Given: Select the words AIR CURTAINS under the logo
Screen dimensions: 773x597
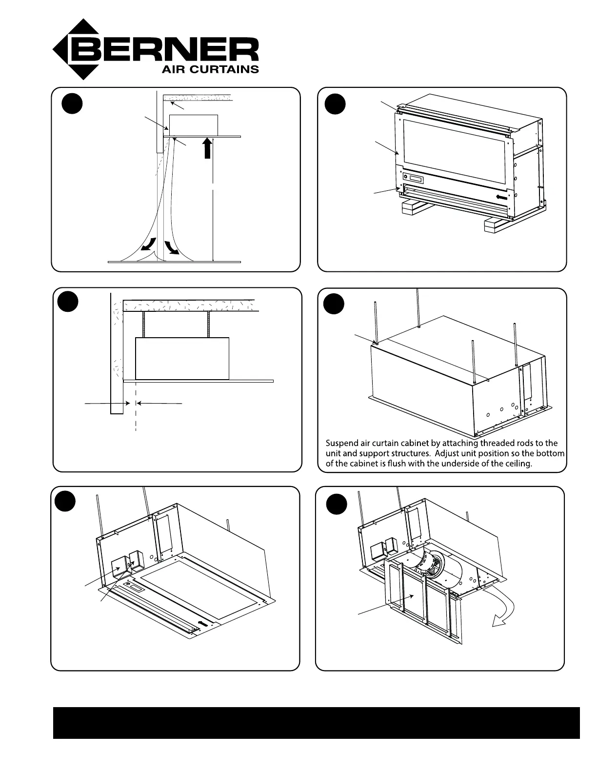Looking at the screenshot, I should [210, 69].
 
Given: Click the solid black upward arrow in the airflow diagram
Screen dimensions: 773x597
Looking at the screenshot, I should [208, 148].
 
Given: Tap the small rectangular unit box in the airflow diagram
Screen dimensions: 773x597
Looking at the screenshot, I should [193, 125].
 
